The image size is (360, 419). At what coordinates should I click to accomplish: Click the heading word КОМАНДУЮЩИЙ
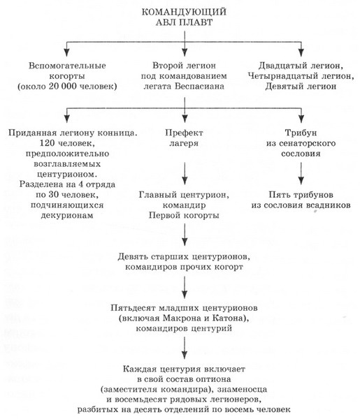click(x=184, y=12)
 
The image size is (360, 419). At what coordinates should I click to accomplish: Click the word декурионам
click(x=65, y=217)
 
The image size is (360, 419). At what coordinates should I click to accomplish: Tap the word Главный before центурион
click(x=157, y=193)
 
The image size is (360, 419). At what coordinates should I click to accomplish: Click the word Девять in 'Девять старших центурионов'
click(x=135, y=256)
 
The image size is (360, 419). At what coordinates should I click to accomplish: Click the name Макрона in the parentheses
click(x=184, y=318)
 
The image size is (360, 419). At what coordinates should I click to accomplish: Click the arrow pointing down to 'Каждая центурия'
click(x=184, y=347)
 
